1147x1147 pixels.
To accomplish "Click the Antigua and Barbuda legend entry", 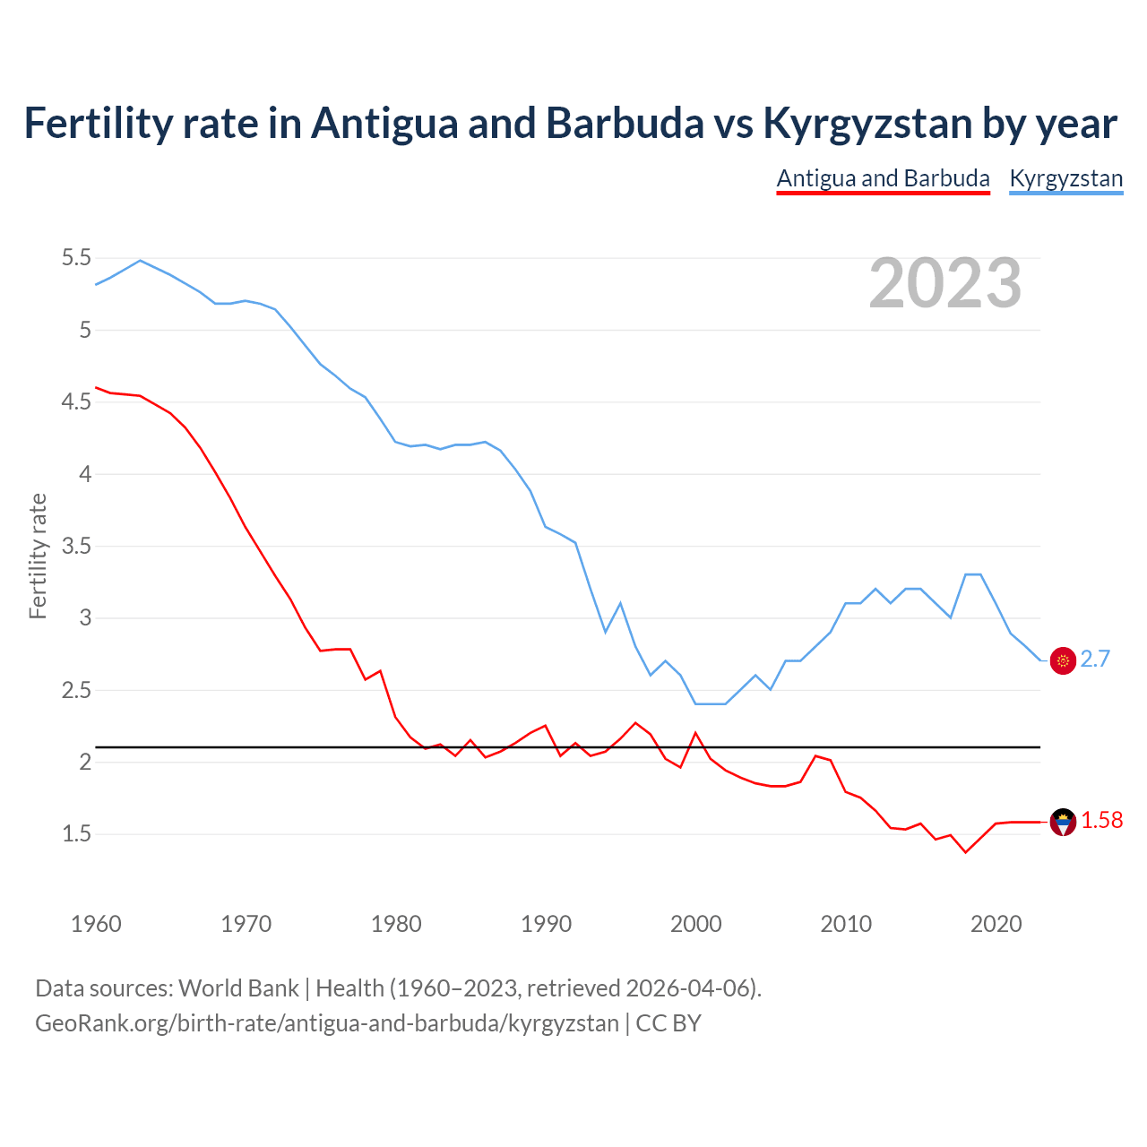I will pos(883,178).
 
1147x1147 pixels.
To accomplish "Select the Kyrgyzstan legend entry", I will pos(1065,178).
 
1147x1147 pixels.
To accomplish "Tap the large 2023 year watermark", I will pos(945,283).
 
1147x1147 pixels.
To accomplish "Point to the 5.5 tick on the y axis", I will pos(76,258).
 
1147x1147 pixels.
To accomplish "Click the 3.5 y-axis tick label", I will pos(76,546).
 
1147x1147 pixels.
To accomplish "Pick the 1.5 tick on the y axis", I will pos(76,834).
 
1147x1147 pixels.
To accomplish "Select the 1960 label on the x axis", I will pos(96,924).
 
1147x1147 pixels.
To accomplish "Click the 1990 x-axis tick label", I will pos(546,924).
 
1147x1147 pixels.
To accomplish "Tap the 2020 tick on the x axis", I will pos(996,924).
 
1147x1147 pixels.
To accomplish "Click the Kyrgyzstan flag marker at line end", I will pos(1063,660).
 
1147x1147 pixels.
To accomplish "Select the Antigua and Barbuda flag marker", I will pos(1063,822).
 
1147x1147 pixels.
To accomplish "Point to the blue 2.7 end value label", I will pos(1095,660).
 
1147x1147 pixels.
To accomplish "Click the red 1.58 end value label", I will pos(1101,821).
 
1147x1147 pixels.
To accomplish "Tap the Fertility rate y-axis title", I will pos(38,556).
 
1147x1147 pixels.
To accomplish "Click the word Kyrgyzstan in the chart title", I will pos(867,124).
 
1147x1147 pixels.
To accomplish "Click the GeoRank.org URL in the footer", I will pos(326,1023).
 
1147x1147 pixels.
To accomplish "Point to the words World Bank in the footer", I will pos(238,988).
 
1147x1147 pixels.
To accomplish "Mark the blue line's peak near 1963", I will pos(140,260).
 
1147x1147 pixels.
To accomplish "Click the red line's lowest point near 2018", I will pos(965,852).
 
